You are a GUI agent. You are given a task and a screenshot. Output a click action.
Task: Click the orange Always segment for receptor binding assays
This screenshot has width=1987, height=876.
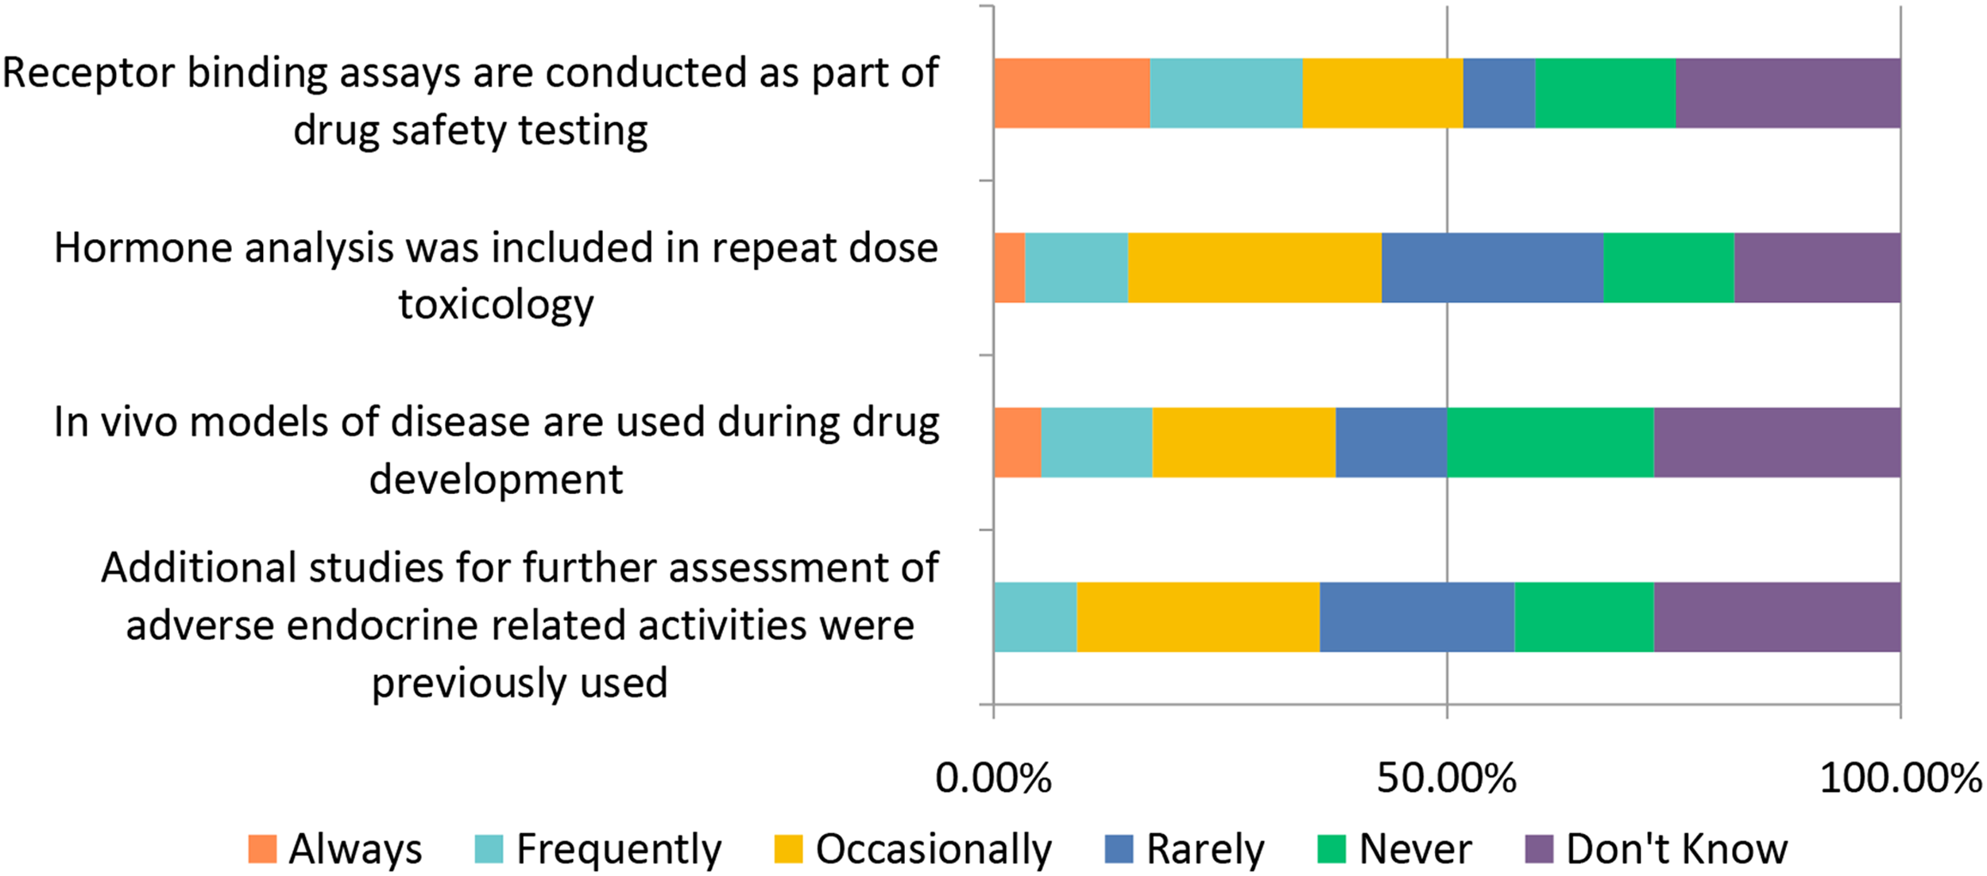(x=1072, y=93)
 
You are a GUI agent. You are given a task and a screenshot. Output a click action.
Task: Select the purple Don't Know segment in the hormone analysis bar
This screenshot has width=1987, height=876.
(x=1817, y=268)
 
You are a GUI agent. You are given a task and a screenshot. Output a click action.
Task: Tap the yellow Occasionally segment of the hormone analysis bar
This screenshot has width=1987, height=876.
(x=1254, y=268)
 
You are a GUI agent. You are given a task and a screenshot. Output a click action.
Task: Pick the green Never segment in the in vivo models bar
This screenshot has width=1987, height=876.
(x=1550, y=442)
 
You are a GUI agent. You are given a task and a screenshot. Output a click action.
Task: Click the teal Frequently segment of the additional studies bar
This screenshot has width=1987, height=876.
(x=1035, y=617)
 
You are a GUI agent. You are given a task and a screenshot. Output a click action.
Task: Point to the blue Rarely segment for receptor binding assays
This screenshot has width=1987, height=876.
(x=1499, y=93)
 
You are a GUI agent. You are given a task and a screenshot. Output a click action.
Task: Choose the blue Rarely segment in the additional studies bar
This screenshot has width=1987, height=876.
(x=1417, y=617)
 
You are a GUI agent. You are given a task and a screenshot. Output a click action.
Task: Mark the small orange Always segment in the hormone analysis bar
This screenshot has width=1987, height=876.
(x=1009, y=268)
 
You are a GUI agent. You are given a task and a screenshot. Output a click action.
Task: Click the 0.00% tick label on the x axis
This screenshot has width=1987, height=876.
(x=993, y=778)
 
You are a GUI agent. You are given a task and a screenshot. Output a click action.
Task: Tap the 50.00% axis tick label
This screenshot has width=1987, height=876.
(x=1447, y=778)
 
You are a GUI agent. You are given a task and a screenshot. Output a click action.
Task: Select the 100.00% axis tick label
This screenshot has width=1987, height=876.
(x=1900, y=778)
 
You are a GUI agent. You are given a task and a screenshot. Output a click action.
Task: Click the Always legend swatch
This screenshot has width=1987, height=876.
(x=262, y=849)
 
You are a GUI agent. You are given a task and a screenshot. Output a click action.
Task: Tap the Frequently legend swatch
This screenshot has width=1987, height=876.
(x=489, y=849)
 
